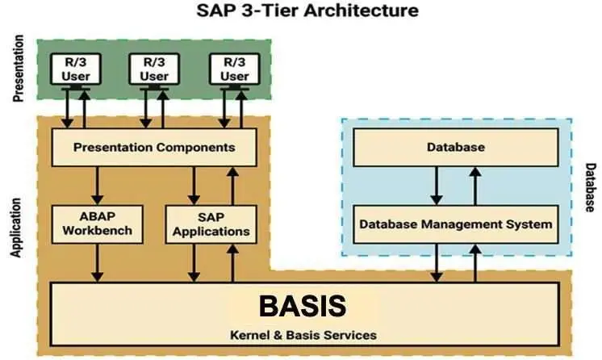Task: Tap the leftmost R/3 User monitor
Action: [x=73, y=68]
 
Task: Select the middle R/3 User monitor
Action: [x=153, y=68]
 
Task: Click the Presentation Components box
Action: [x=153, y=148]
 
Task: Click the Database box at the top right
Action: [x=455, y=148]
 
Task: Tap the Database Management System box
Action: [x=455, y=223]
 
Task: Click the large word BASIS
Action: [x=302, y=306]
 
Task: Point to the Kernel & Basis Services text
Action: [x=302, y=333]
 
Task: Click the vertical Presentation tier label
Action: [x=20, y=73]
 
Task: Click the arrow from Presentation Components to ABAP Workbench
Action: [x=98, y=185]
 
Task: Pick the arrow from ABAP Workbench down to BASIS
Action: [x=98, y=262]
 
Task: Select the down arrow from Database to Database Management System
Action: [x=437, y=185]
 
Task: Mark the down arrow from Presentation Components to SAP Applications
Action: [x=194, y=185]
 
